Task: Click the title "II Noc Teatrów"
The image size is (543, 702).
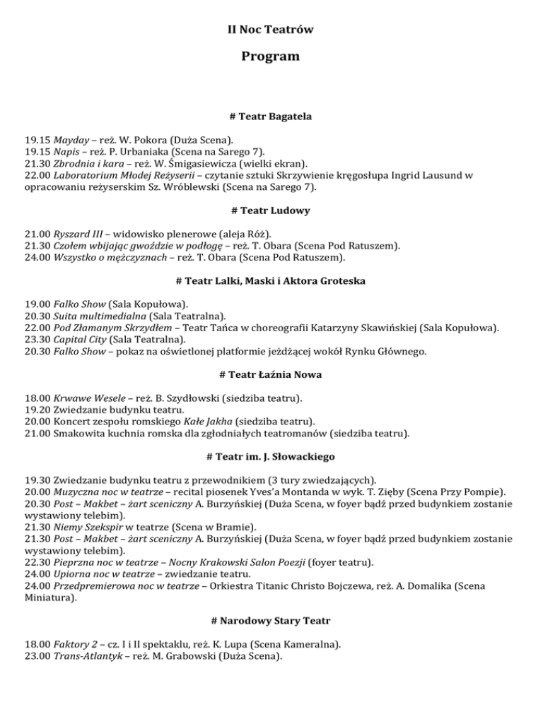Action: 271,30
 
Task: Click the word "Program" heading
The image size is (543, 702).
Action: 271,56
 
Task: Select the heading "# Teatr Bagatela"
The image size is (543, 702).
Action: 271,115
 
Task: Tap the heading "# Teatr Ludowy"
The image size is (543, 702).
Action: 271,210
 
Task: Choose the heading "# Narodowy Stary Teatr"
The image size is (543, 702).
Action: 271,620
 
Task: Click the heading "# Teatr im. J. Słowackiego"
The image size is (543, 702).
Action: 271,456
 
